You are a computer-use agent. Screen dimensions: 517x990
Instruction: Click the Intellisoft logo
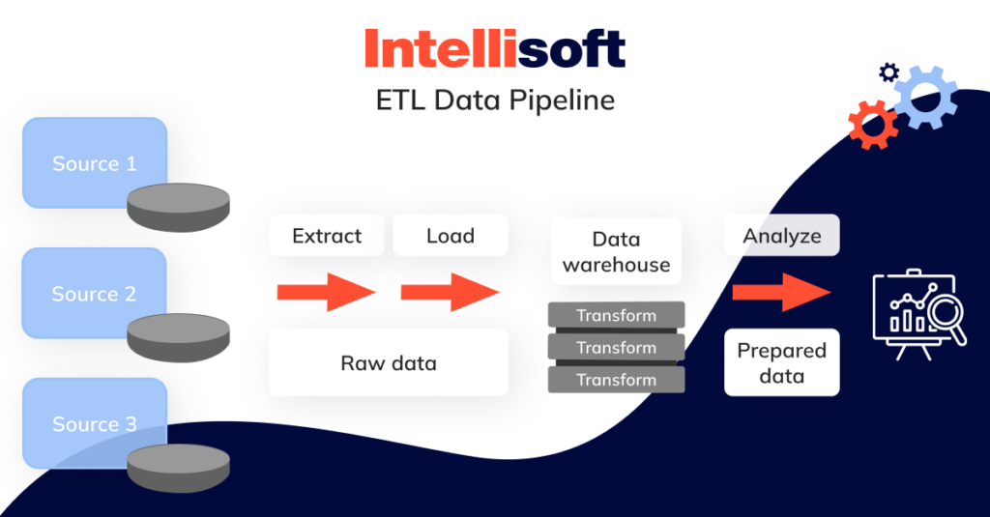click(x=494, y=49)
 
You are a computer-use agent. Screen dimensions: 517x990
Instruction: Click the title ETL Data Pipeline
click(x=494, y=101)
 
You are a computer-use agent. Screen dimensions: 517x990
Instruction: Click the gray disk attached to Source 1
click(x=179, y=207)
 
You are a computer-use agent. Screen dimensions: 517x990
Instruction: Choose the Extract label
click(x=327, y=236)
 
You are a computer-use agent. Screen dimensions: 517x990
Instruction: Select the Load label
click(x=450, y=236)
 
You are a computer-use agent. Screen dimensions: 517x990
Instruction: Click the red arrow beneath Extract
click(x=326, y=291)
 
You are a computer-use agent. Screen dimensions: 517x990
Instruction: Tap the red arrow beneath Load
click(x=450, y=291)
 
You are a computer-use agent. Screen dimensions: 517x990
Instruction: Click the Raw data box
click(x=388, y=362)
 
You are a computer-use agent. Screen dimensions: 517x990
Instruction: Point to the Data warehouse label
click(x=616, y=251)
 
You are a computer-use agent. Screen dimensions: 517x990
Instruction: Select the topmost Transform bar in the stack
click(x=616, y=315)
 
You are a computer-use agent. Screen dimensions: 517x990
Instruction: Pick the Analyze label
click(x=781, y=235)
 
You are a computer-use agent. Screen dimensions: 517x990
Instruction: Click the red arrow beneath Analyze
click(x=781, y=291)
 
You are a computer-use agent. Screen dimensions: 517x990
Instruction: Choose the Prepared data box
click(x=781, y=362)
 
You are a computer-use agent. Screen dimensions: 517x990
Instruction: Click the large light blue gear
click(x=925, y=97)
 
